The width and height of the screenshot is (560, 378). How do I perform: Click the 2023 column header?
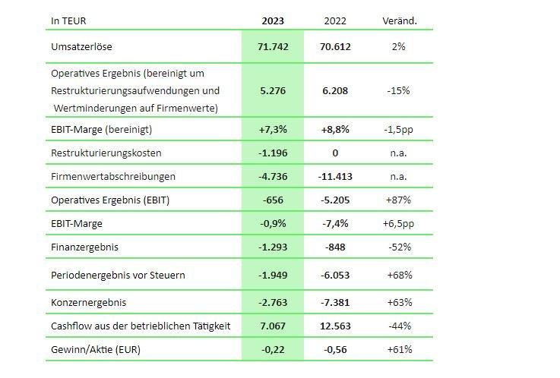pyautogui.click(x=273, y=20)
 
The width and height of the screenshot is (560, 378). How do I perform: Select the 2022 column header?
pyautogui.click(x=335, y=20)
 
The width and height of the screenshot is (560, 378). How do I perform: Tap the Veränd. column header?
pyautogui.click(x=399, y=20)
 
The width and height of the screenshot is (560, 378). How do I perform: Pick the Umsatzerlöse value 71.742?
pyautogui.click(x=273, y=46)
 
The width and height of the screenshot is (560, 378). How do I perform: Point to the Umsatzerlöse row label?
pyautogui.click(x=81, y=46)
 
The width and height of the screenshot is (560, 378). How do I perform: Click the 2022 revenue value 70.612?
pyautogui.click(x=335, y=46)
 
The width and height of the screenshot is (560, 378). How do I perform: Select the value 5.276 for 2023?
pyautogui.click(x=273, y=90)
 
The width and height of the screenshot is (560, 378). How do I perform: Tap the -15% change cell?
pyautogui.click(x=399, y=90)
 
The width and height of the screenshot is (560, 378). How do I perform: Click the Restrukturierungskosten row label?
pyautogui.click(x=106, y=153)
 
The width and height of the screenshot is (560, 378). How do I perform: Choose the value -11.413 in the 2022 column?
pyautogui.click(x=335, y=176)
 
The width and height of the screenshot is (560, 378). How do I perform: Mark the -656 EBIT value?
pyautogui.click(x=273, y=200)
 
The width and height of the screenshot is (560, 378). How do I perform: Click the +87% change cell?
pyautogui.click(x=399, y=200)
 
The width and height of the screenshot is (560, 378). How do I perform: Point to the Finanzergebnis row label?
pyautogui.click(x=84, y=247)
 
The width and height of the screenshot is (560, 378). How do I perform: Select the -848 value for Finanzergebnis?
pyautogui.click(x=335, y=247)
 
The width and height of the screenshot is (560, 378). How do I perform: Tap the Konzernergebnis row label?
pyautogui.click(x=88, y=302)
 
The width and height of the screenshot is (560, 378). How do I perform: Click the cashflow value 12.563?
pyautogui.click(x=335, y=326)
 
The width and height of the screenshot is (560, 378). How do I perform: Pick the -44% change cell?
pyautogui.click(x=399, y=326)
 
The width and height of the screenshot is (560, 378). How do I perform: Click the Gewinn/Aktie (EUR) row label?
pyautogui.click(x=96, y=349)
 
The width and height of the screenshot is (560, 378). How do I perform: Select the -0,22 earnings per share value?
pyautogui.click(x=273, y=349)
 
